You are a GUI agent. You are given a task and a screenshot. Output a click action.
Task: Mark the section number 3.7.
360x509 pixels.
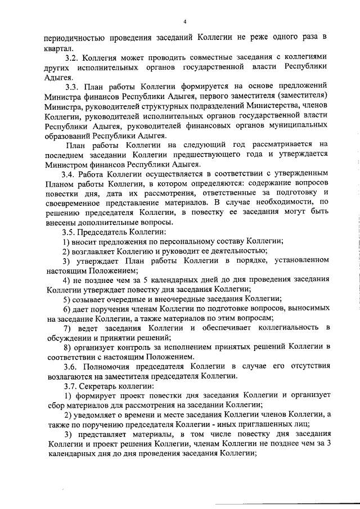(71, 388)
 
